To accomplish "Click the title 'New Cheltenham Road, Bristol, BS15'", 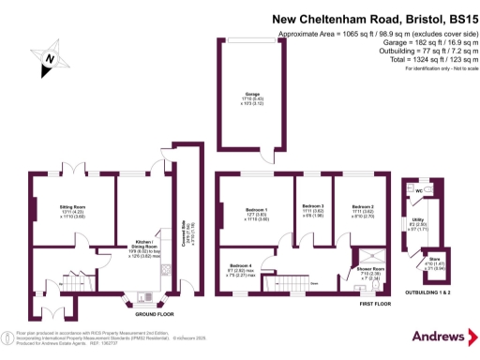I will (x=373, y=18).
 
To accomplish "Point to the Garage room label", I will (x=252, y=95).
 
